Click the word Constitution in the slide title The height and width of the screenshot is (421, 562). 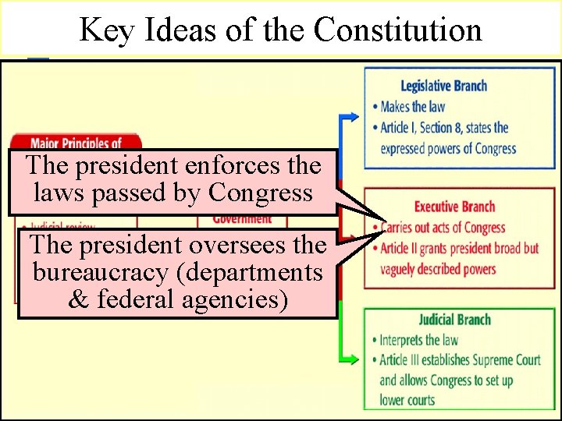coord(398,30)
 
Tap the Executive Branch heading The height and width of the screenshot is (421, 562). coord(454,207)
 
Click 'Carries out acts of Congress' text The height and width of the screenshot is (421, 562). coord(442,228)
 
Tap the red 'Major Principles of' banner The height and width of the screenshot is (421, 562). coord(76,143)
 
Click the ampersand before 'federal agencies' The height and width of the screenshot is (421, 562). coord(79,299)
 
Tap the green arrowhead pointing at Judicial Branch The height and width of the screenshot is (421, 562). coord(354,359)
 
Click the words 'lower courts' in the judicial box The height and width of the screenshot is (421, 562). coord(407,400)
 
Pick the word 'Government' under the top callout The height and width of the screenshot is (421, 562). coord(242,219)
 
